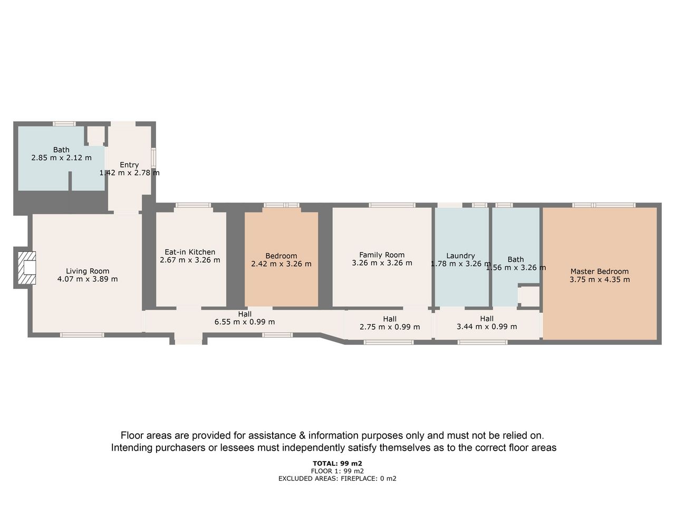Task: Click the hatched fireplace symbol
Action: [x=27, y=268]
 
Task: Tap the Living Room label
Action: [x=88, y=271]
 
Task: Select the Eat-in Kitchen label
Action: [x=190, y=252]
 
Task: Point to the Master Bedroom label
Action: [x=600, y=271]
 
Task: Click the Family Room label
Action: [x=382, y=255]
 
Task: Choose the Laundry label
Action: [x=460, y=256]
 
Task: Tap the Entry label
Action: [x=129, y=164]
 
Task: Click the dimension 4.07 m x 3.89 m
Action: [x=88, y=279]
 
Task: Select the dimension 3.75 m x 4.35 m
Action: [x=600, y=279]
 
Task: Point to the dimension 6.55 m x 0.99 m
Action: [x=245, y=322]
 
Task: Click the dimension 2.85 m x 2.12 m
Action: [x=61, y=158]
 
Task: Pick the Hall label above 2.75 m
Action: [x=390, y=319]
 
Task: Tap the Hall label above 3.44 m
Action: [x=487, y=318]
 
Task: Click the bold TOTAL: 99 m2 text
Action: [x=337, y=463]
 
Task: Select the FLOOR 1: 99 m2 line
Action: [x=337, y=471]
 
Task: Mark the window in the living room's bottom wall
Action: [x=82, y=335]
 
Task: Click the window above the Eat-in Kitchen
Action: [x=193, y=205]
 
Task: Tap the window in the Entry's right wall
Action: [x=153, y=158]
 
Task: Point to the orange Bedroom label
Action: [x=281, y=256]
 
